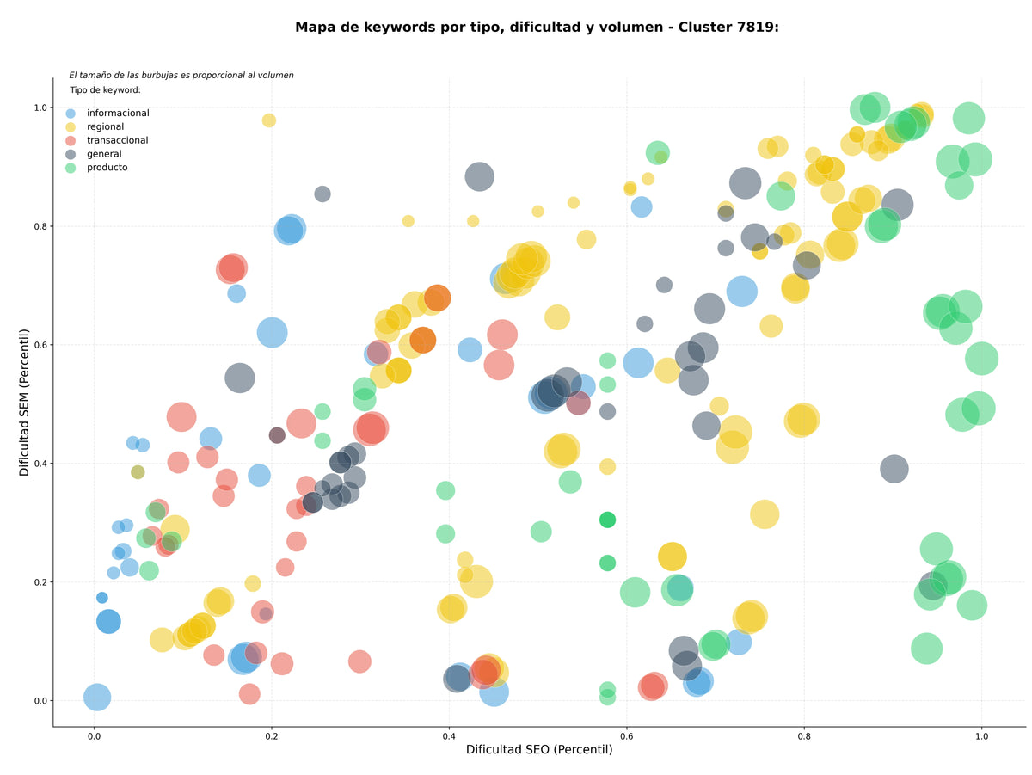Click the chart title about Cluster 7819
537,28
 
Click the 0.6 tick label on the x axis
626,736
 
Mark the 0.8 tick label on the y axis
40,226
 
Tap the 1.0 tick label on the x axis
981,736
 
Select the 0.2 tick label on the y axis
40,582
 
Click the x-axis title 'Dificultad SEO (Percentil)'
539,749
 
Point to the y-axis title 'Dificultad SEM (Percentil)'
24,403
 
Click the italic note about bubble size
181,75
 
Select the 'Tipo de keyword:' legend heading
105,89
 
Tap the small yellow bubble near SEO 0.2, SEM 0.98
269,120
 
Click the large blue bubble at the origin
97,697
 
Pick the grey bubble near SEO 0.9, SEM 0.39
894,469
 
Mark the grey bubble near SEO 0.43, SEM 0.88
479,177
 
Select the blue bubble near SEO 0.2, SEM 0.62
272,333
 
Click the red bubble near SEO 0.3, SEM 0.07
359,661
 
